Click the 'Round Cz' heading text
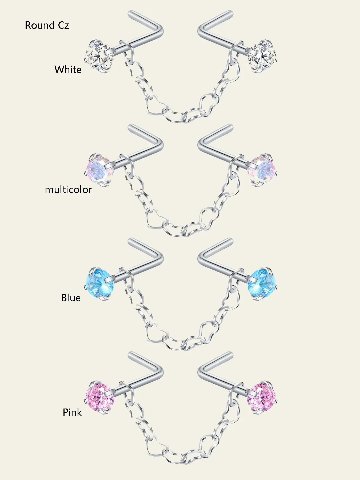[x=47, y=25]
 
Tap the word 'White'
[x=68, y=70]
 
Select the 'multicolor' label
[x=68, y=190]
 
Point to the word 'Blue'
[x=71, y=298]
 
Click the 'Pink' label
[x=72, y=413]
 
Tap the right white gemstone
[x=262, y=57]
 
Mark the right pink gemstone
[x=262, y=397]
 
